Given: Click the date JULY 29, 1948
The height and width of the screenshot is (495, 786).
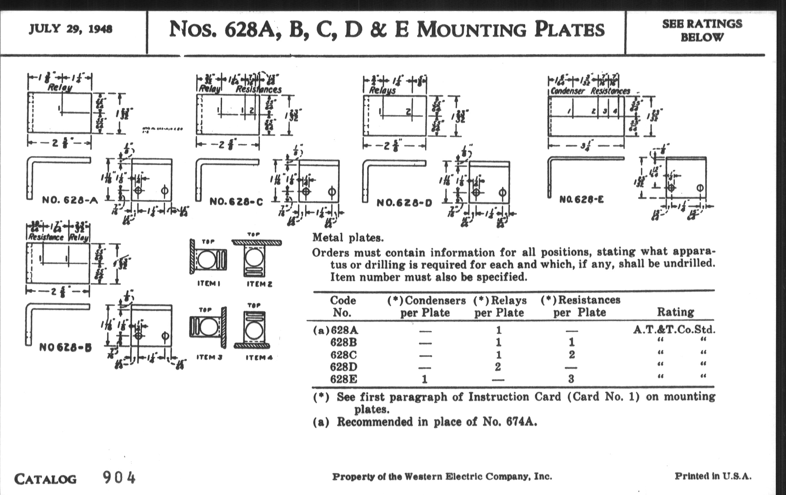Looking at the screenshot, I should (x=70, y=29).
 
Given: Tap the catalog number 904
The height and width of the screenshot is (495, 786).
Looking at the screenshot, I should (x=119, y=478).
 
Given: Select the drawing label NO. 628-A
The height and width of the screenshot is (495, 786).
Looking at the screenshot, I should (x=70, y=200).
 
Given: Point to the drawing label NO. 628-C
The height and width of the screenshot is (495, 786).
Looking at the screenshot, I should (x=236, y=202).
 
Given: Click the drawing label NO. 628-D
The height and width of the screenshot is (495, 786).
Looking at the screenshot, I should (x=404, y=203).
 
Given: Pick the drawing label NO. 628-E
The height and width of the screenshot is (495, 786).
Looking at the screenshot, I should (x=581, y=199).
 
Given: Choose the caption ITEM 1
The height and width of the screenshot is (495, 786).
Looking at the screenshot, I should (x=208, y=284).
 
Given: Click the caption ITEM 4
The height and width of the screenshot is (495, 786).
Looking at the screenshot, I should (x=259, y=357).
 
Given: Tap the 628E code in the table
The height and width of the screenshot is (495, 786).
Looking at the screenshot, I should (x=343, y=379).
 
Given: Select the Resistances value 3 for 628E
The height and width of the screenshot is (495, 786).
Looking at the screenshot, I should (x=571, y=379).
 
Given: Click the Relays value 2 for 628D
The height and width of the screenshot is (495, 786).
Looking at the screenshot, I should (x=498, y=367).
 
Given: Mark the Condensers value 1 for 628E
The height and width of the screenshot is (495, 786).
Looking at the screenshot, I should (x=424, y=379).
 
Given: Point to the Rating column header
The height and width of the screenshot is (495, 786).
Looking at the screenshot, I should (x=675, y=312).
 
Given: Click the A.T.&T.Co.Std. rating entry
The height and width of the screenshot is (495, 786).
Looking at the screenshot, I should (x=674, y=330).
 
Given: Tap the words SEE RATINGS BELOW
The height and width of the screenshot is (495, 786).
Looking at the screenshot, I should (x=702, y=30).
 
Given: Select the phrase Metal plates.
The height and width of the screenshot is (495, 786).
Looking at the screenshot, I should (x=348, y=237).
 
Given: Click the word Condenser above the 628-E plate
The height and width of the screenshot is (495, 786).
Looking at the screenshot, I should (x=567, y=91).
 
